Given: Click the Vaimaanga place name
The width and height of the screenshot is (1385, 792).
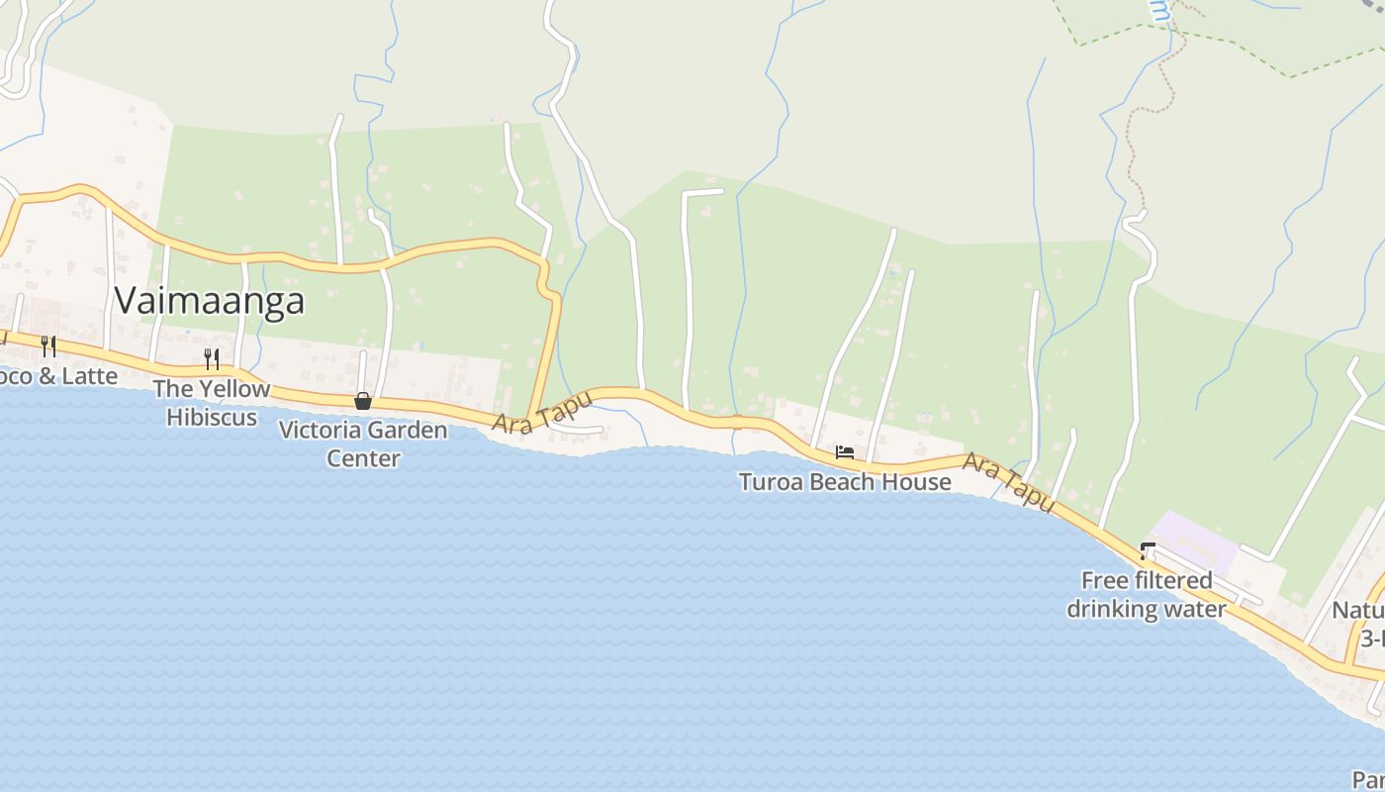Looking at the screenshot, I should (209, 300).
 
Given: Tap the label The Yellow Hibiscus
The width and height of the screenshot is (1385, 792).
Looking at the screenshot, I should (211, 403).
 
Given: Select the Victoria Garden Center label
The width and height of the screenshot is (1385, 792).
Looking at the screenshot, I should (363, 444).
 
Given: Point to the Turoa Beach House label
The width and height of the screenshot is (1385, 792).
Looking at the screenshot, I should (845, 482).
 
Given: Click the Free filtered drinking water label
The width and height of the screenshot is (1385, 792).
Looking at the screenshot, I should (1147, 594).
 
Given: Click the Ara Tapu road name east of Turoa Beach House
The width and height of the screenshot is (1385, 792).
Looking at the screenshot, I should (1009, 481).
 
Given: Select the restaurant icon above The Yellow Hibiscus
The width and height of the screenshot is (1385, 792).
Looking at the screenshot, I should (211, 357).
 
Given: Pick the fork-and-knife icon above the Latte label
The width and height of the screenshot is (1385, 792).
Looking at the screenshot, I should (47, 346).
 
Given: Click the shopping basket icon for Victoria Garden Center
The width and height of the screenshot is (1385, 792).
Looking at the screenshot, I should (363, 401).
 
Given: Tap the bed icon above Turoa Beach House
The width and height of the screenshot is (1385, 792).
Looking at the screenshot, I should (844, 452).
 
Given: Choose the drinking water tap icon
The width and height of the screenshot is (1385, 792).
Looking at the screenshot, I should (1148, 550).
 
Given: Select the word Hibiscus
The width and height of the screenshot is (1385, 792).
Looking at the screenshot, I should (211, 417).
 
